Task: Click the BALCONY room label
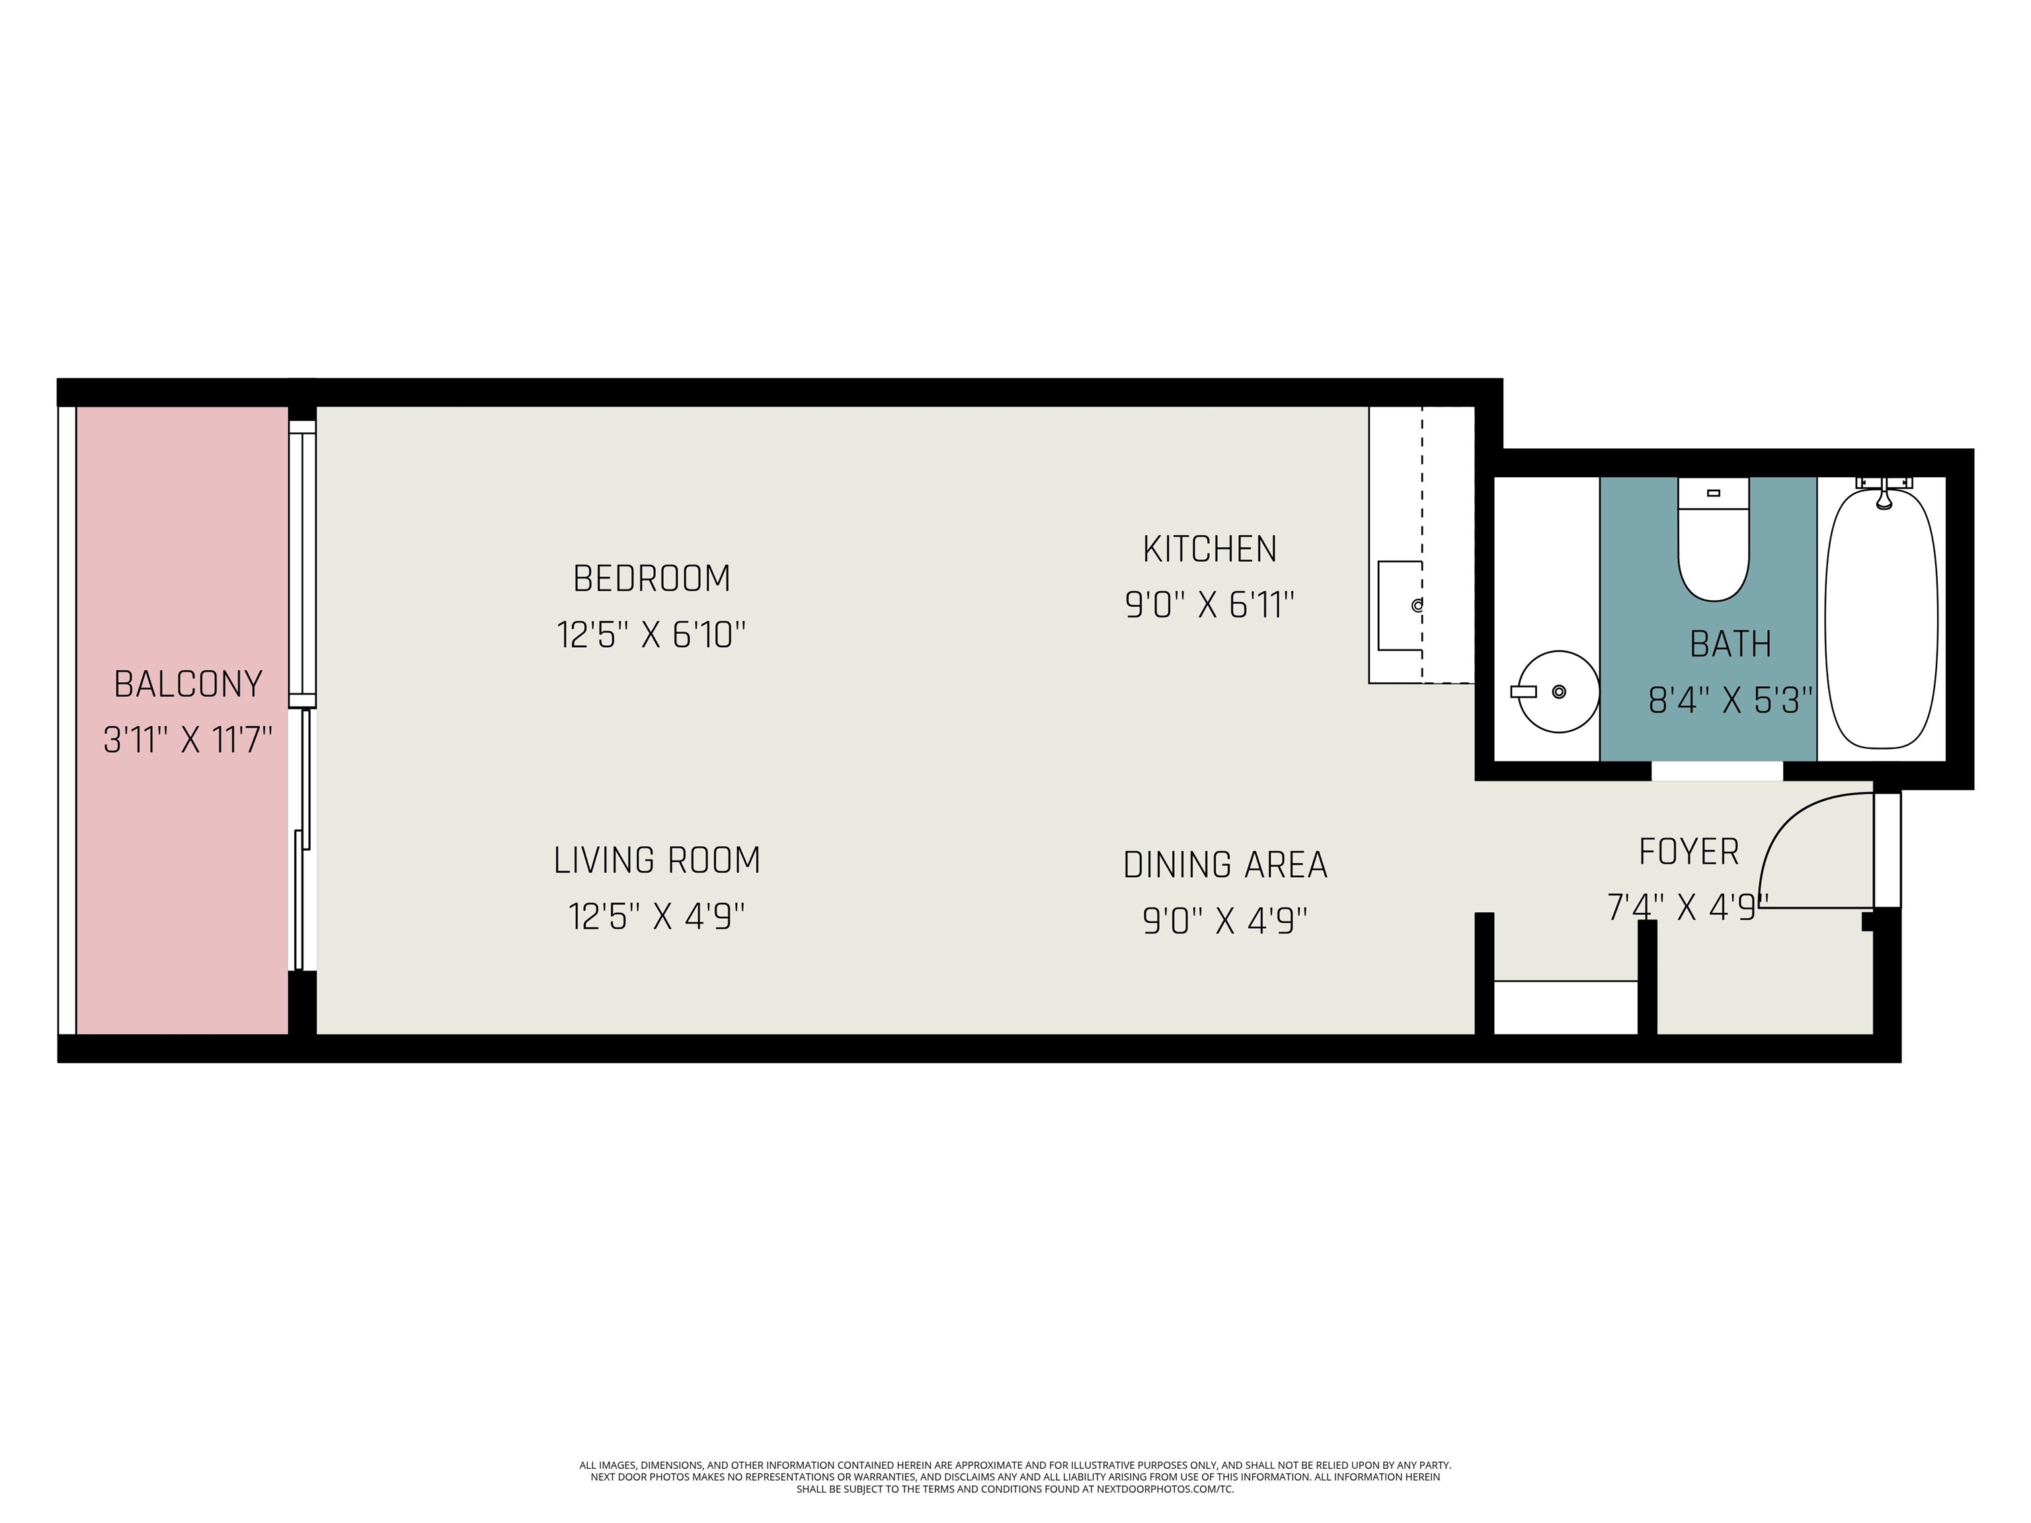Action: pos(188,684)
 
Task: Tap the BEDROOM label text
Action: pos(652,578)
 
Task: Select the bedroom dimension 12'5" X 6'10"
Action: pos(651,635)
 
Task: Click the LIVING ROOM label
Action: pos(657,860)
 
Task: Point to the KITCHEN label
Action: pos(1210,549)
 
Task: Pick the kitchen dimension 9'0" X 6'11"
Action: pos(1210,605)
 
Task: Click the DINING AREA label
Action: pos(1226,865)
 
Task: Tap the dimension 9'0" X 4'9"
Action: pos(1226,920)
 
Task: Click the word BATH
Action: pos(1731,644)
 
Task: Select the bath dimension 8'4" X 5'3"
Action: pos(1731,701)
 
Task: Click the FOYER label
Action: pos(1689,852)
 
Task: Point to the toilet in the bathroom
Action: pos(1713,540)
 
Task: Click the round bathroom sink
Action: pos(1558,691)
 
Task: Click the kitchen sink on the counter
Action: pos(1400,606)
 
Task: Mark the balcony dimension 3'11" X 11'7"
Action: pos(188,740)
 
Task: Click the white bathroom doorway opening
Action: pos(1717,771)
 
